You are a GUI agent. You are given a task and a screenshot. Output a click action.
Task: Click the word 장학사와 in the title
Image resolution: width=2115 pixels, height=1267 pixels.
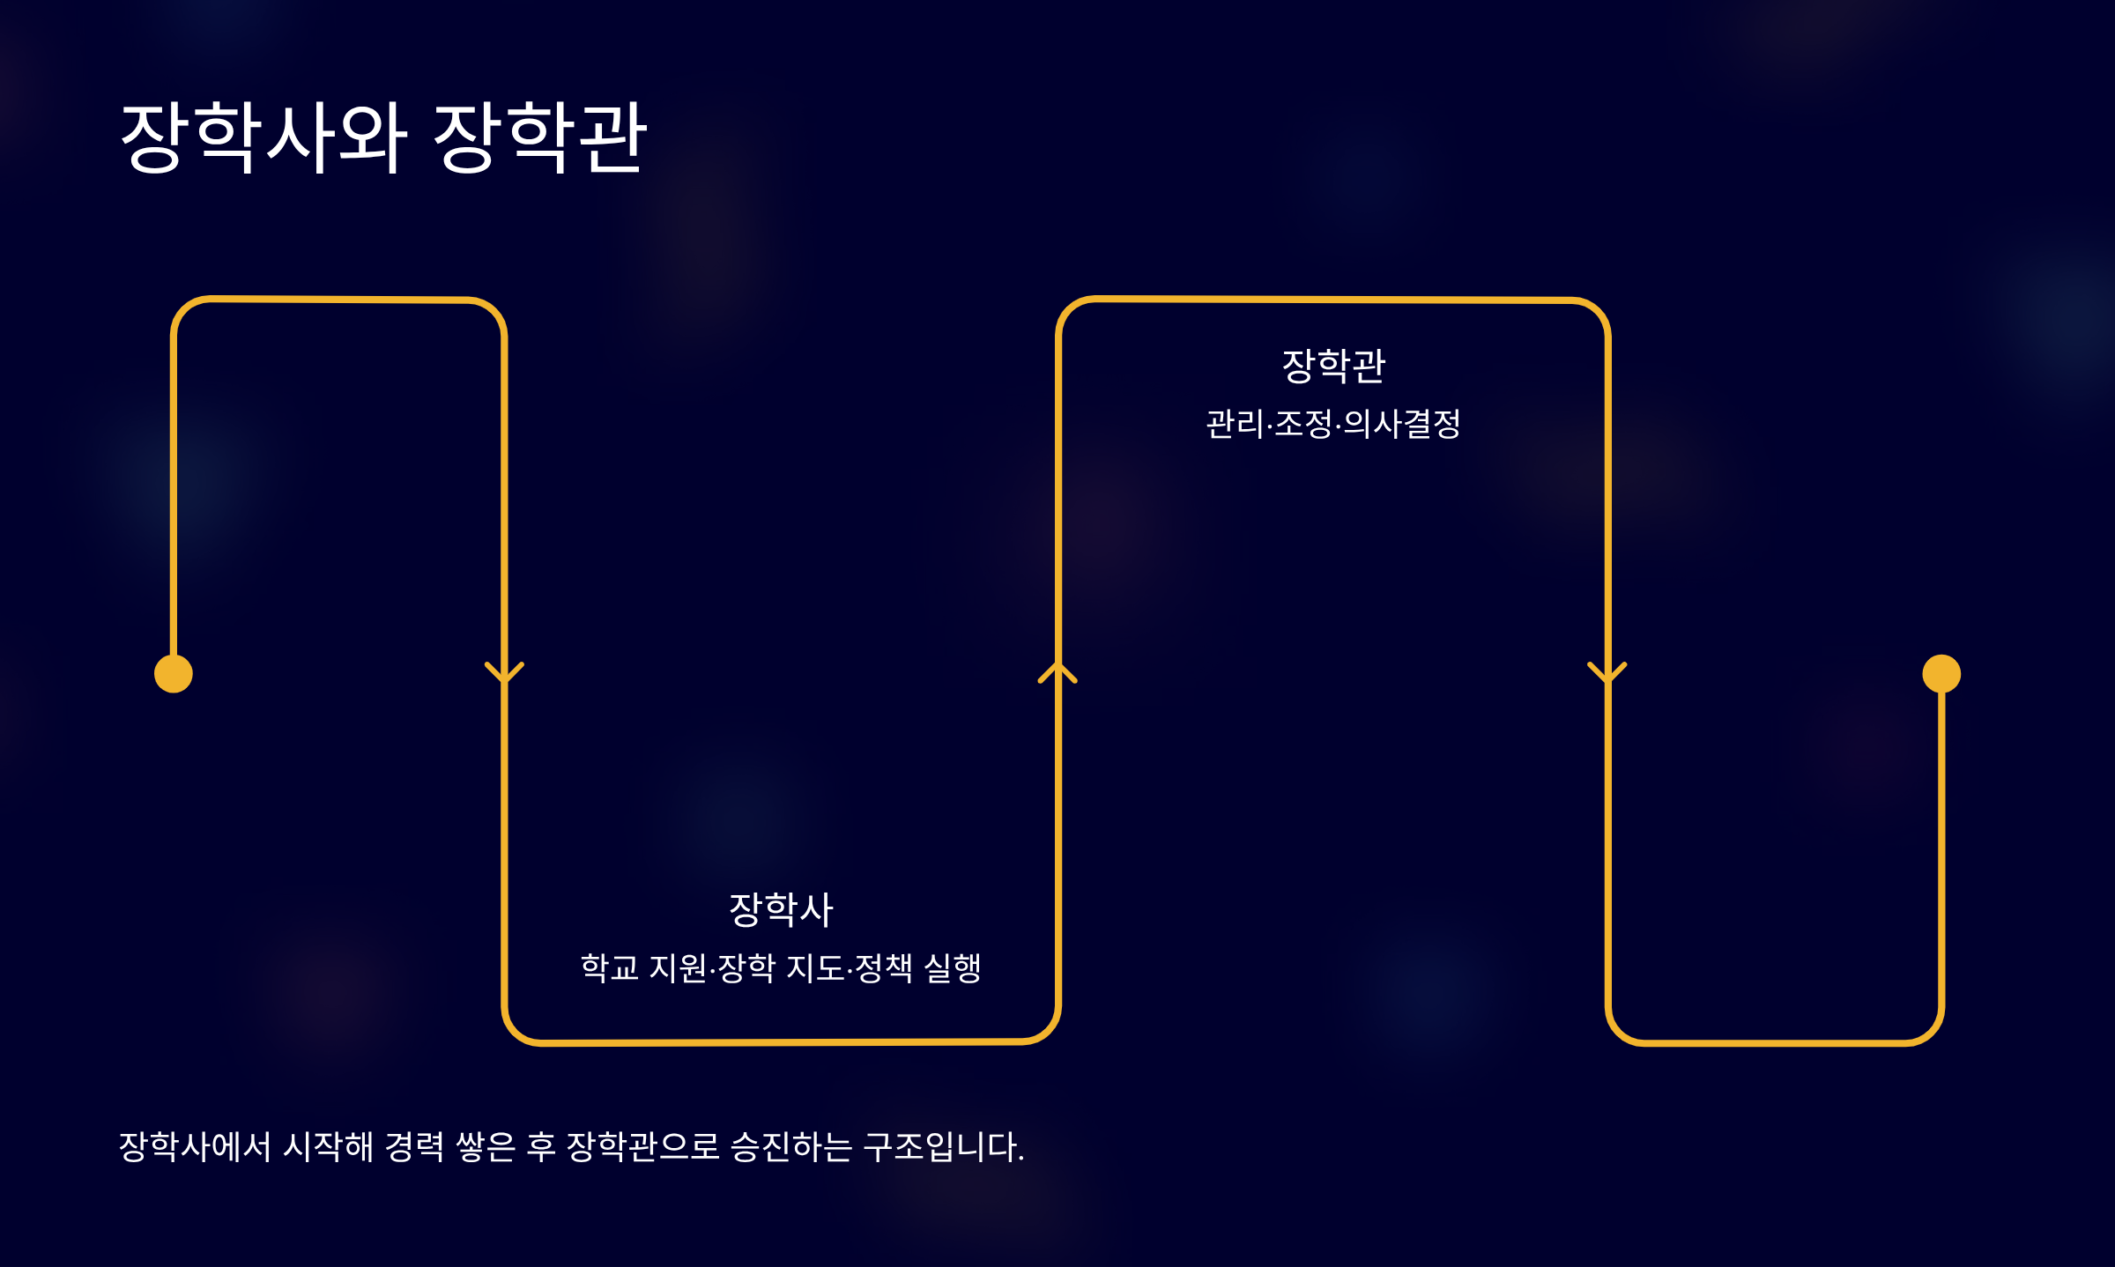[263, 137]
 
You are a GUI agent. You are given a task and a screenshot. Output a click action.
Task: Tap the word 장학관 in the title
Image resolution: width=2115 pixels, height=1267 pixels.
[540, 137]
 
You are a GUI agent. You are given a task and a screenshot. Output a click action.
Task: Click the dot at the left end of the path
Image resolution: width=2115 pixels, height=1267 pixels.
[174, 674]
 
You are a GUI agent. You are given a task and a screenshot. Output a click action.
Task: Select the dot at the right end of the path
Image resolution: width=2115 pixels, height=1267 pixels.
[1941, 674]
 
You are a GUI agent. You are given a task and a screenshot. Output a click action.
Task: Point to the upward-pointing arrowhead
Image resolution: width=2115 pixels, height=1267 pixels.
[1057, 672]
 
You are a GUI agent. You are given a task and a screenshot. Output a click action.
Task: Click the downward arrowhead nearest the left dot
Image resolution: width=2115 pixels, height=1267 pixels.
[504, 673]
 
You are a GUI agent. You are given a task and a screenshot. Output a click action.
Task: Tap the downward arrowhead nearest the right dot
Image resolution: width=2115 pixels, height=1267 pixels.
[1607, 673]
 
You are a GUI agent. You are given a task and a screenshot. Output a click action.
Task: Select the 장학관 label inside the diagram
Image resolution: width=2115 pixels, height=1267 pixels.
[1333, 366]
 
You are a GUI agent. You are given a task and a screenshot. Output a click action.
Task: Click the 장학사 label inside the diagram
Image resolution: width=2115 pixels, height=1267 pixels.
[781, 909]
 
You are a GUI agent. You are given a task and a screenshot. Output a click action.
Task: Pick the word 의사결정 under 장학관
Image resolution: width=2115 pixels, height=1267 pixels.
[1402, 424]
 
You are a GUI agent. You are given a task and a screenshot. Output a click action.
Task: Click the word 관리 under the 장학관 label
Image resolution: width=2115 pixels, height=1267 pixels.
[1235, 424]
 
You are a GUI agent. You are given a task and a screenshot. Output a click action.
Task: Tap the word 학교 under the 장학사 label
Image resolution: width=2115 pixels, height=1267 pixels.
[609, 967]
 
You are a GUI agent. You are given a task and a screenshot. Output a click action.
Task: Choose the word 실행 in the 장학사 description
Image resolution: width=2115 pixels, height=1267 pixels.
[952, 967]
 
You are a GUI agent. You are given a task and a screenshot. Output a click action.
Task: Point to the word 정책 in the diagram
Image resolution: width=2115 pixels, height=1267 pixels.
[883, 967]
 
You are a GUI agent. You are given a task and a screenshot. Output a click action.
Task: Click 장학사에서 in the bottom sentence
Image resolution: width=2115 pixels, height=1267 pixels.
[195, 1146]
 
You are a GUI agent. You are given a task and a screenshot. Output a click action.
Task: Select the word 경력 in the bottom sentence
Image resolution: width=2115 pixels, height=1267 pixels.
[415, 1146]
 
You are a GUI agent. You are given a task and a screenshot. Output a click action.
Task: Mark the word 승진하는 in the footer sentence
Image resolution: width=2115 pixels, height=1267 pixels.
[791, 1146]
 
